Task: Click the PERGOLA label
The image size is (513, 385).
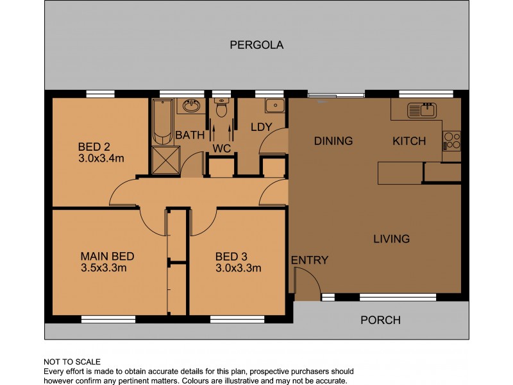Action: [256, 45]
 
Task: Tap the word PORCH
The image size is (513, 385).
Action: [380, 320]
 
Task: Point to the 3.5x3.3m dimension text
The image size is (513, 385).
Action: [103, 268]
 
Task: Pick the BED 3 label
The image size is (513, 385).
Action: [231, 256]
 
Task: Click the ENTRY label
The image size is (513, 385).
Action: [310, 260]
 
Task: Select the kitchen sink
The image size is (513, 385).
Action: [421, 110]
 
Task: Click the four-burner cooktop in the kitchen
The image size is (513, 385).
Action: [451, 140]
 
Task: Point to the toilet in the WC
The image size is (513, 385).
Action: [222, 110]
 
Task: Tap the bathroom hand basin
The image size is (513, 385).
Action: [190, 106]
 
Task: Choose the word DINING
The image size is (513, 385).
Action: [333, 141]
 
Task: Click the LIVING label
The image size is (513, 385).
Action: [391, 239]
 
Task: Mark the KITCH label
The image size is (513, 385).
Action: [408, 141]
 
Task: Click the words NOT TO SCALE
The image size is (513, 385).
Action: [72, 362]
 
